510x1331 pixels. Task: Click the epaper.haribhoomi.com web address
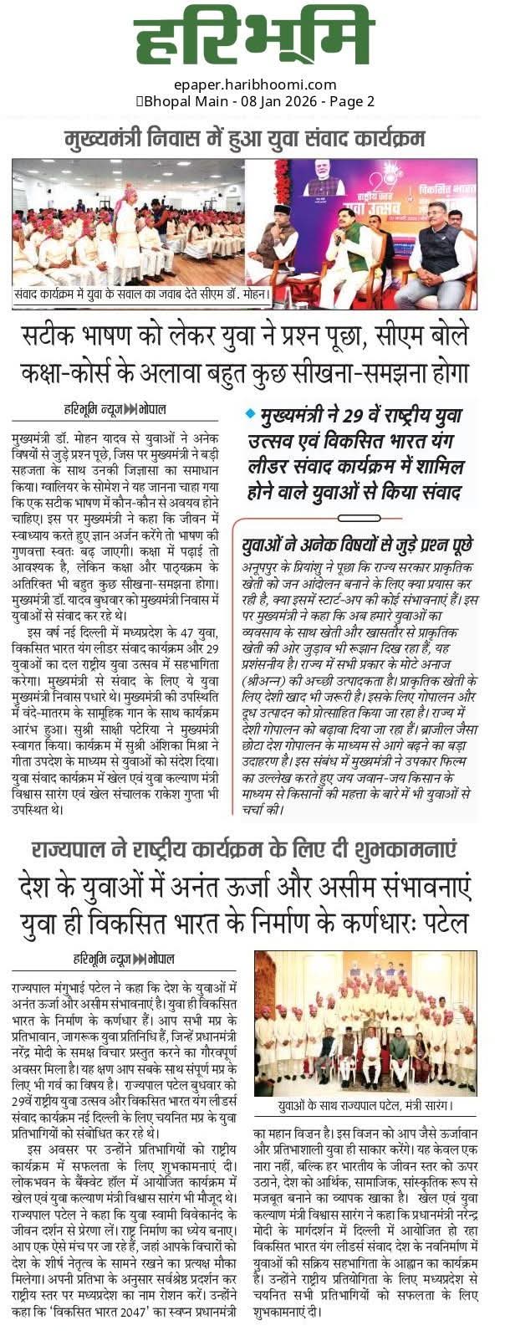pos(256,84)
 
